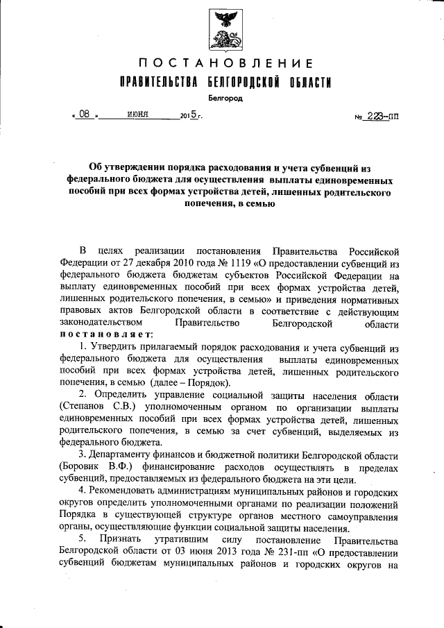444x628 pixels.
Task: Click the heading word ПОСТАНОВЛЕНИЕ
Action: tap(222, 64)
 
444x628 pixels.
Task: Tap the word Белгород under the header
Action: tap(223, 99)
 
